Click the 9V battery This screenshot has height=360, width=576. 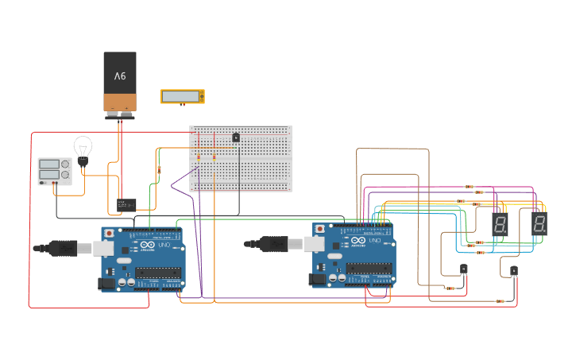click(120, 82)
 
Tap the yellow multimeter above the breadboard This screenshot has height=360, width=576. click(182, 96)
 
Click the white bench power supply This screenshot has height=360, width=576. click(54, 171)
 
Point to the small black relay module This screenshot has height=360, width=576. click(126, 204)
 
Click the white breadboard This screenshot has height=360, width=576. click(241, 158)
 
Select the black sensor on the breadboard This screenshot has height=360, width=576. click(236, 137)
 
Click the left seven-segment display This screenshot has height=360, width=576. click(500, 223)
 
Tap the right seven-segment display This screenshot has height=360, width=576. click(539, 223)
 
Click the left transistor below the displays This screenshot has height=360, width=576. click(464, 270)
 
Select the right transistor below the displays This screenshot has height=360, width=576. click(513, 271)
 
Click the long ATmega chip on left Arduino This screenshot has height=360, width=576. click(158, 273)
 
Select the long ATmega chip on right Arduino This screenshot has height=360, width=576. click(369, 269)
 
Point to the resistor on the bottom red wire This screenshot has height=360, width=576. click(500, 301)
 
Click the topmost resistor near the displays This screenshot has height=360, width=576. click(469, 187)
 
